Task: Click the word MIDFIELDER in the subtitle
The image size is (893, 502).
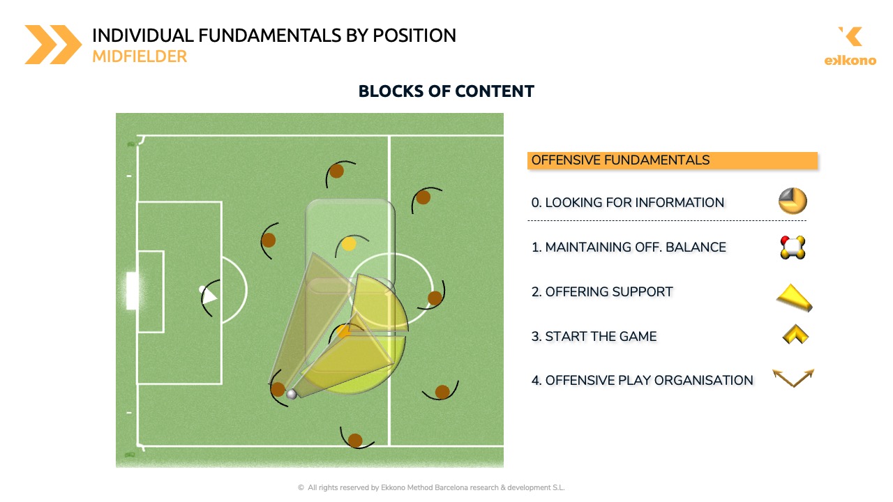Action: pyautogui.click(x=140, y=56)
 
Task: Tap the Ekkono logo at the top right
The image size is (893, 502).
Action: pyautogui.click(x=850, y=46)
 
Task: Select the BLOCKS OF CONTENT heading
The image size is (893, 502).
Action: pyautogui.click(x=446, y=91)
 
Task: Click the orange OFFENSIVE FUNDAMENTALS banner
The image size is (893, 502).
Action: pyautogui.click(x=672, y=160)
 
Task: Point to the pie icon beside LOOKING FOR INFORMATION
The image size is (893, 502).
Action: pyautogui.click(x=793, y=201)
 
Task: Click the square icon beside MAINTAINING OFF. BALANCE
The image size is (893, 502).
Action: pyautogui.click(x=793, y=248)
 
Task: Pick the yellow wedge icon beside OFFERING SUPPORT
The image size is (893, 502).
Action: pyautogui.click(x=794, y=298)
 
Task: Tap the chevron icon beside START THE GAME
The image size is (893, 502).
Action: pyautogui.click(x=795, y=334)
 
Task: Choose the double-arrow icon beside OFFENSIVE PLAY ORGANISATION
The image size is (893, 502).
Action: pyautogui.click(x=793, y=378)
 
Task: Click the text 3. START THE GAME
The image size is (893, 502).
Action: pyautogui.click(x=594, y=336)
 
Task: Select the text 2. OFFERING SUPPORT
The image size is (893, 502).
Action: pyautogui.click(x=602, y=291)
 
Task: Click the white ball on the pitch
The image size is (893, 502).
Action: pyautogui.click(x=292, y=394)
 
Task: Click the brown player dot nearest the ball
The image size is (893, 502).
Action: pyautogui.click(x=278, y=389)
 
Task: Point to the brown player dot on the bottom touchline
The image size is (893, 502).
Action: pyautogui.click(x=355, y=440)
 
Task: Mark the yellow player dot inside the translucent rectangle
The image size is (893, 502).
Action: pyautogui.click(x=349, y=244)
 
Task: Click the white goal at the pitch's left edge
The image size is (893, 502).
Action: pyautogui.click(x=132, y=291)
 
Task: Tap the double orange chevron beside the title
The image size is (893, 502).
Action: pyautogui.click(x=54, y=45)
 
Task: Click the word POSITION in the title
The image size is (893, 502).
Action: pyautogui.click(x=414, y=36)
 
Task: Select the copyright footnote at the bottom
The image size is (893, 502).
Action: pyautogui.click(x=431, y=487)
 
